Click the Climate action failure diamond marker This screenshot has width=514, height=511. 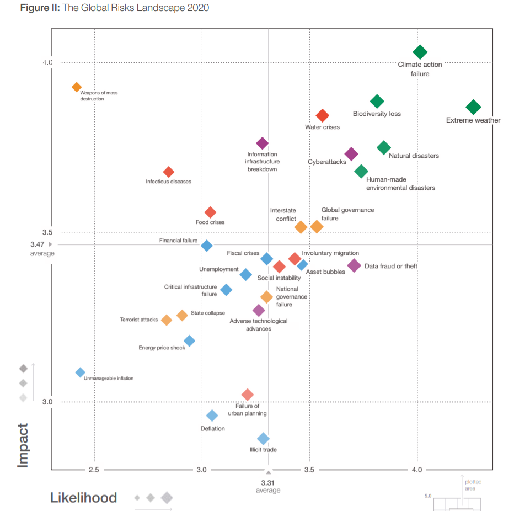(420, 52)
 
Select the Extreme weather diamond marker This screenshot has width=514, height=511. (473, 107)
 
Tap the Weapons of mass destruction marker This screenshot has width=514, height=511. (77, 87)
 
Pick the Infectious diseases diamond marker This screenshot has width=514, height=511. (169, 172)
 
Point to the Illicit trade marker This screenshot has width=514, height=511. (264, 439)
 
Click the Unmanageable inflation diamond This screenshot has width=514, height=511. (80, 373)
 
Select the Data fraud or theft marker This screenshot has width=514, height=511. (354, 265)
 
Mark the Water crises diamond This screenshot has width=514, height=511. (323, 115)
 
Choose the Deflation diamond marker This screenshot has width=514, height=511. (212, 416)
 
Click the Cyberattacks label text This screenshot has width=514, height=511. (327, 162)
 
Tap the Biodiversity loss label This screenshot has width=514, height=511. (377, 114)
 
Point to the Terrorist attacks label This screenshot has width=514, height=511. (139, 320)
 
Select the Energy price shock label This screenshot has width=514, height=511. (162, 348)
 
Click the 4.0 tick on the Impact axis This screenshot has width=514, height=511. (47, 62)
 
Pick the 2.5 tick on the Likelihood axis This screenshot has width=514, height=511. (94, 470)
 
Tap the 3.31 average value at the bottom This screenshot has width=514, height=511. (268, 482)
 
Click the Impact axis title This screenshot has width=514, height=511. (23, 445)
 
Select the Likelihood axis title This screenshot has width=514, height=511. (83, 498)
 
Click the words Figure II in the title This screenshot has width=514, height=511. (40, 8)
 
